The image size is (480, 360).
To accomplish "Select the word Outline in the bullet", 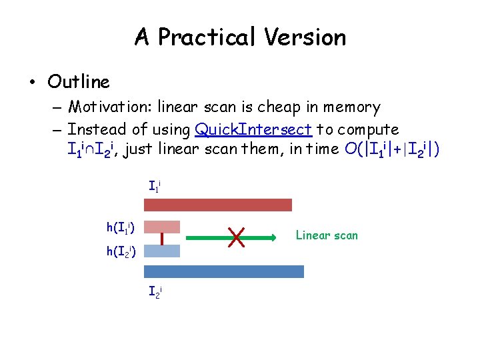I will coord(79,82).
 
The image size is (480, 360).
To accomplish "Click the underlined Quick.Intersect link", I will coord(253,129).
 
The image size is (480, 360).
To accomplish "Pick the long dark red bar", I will coord(217,205).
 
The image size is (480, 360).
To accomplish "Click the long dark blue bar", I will coord(223,271).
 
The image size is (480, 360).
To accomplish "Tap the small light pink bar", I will coord(162,227).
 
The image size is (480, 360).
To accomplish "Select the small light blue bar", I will coord(162,251).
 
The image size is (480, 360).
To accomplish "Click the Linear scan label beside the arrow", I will coord(327,235).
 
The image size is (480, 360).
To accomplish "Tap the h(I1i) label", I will coord(121,229).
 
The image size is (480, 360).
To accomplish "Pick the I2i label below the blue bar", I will coord(154,291).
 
